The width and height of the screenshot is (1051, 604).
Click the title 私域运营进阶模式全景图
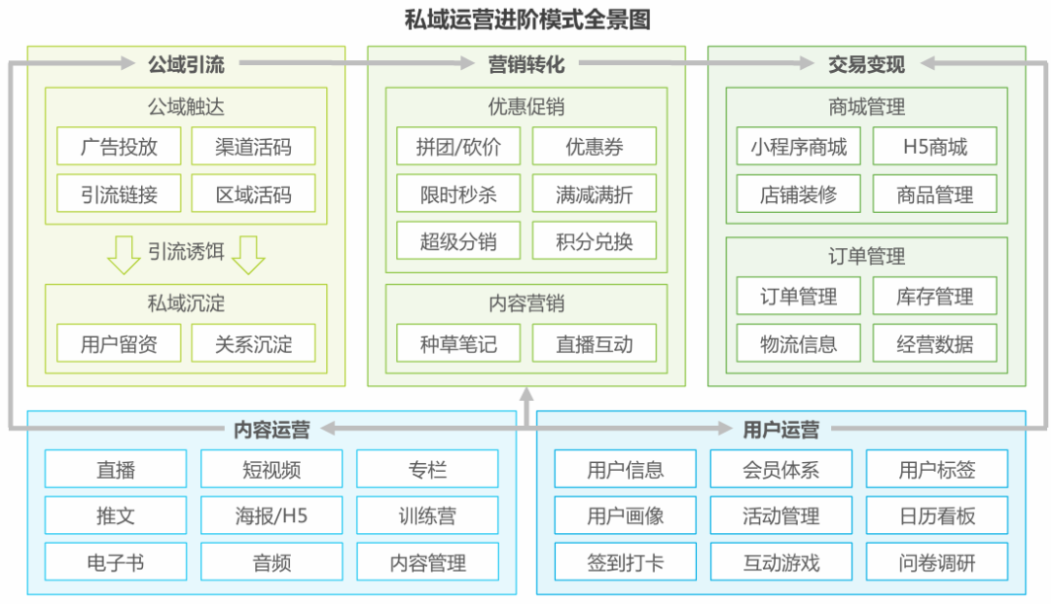[526, 18]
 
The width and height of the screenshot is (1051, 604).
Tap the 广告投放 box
[119, 147]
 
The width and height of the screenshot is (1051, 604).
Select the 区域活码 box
[253, 194]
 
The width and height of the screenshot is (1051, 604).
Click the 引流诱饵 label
[186, 252]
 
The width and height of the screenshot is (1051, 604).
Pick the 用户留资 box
[119, 343]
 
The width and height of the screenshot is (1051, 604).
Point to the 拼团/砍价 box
[458, 147]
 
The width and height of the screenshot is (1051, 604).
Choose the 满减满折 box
[594, 194]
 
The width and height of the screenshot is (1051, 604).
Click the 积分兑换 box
[594, 240]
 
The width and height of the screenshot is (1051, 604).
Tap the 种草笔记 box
[458, 343]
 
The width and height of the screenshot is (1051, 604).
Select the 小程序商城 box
[798, 147]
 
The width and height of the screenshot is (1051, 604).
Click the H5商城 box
[934, 147]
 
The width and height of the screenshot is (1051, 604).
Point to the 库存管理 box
[934, 297]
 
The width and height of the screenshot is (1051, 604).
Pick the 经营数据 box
[934, 343]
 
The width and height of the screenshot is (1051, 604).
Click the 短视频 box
[272, 470]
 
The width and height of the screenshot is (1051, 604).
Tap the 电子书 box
[116, 562]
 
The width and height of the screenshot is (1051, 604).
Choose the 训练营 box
[427, 515]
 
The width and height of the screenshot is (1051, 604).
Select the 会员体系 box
[780, 470]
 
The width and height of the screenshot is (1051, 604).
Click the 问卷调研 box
[936, 562]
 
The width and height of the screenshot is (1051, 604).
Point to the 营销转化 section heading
[525, 64]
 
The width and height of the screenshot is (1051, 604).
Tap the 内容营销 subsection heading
[525, 303]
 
